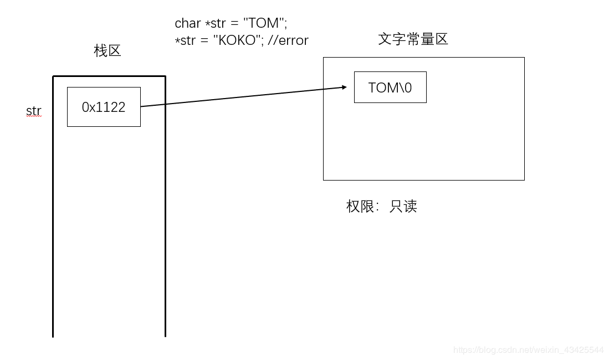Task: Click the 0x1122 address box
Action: tap(104, 107)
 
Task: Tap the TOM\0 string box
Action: tap(390, 87)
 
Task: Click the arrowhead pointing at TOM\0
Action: tap(343, 87)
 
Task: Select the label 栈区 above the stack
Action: tap(108, 51)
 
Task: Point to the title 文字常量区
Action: tap(413, 39)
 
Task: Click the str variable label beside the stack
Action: tap(34, 111)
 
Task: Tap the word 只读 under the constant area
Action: tap(403, 207)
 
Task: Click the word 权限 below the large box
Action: tap(360, 207)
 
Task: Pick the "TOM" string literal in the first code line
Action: tap(264, 23)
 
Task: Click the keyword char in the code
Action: tap(188, 23)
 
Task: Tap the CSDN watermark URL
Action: tap(528, 350)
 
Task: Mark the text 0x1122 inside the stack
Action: tap(104, 107)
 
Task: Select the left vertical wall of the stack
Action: tap(53, 210)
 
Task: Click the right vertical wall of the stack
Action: tap(165, 210)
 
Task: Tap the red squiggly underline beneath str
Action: tap(34, 117)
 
